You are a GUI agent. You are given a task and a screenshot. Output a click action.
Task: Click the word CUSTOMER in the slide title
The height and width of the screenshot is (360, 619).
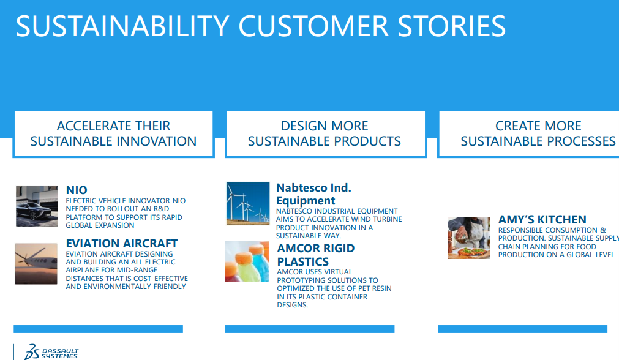point(313,26)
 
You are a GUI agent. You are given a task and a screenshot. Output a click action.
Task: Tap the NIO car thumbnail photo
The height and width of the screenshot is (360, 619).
point(37,206)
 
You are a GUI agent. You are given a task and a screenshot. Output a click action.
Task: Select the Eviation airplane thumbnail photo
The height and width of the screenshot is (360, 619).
point(36,264)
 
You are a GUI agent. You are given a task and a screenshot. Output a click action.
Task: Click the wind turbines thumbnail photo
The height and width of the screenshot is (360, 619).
point(248,203)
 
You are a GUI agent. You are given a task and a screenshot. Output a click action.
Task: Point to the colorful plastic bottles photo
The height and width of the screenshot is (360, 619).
point(247,261)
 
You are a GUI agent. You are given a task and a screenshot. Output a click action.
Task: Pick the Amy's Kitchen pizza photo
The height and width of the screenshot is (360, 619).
point(469,238)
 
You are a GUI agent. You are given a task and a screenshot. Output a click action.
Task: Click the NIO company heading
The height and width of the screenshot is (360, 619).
point(77,190)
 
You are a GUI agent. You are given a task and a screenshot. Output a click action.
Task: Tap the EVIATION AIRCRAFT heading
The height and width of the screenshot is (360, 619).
point(122,243)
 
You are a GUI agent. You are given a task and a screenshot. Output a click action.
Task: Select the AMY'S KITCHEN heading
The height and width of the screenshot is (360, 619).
point(542,219)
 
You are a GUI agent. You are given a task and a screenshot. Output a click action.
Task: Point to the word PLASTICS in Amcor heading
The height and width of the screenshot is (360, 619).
point(303,261)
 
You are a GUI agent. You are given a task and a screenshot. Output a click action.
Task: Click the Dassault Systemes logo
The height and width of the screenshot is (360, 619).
point(51,351)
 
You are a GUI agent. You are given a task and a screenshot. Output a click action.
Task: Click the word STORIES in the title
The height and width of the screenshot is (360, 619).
point(452,26)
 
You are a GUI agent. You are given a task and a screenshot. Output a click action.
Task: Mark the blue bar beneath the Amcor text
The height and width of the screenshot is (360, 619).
point(310,329)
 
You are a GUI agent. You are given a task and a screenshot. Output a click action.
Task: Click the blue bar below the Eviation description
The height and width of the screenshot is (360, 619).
point(99,329)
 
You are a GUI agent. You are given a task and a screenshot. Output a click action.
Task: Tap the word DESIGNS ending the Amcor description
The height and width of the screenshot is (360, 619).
point(293,305)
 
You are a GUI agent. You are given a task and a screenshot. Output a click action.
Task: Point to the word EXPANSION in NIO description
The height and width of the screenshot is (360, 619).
point(117,225)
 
